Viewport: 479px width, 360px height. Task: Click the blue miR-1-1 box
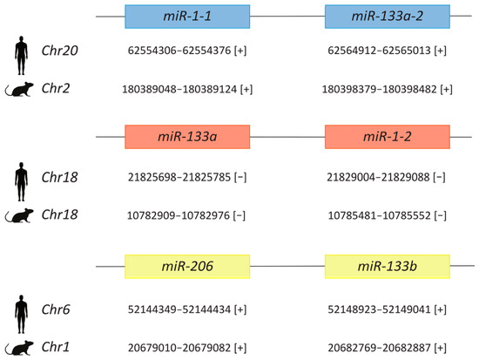(187, 17)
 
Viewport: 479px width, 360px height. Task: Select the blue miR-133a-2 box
(388, 17)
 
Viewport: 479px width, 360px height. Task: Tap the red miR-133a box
(187, 137)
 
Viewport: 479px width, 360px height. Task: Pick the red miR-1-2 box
(388, 137)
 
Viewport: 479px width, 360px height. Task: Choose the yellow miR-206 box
(187, 267)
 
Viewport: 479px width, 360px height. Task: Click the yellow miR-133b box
(388, 267)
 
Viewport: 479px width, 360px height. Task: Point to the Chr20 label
(59, 51)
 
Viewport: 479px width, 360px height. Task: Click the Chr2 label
(56, 88)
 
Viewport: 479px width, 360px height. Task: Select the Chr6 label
(56, 309)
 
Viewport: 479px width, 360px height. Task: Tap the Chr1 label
(55, 347)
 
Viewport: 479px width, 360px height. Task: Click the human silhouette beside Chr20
(21, 56)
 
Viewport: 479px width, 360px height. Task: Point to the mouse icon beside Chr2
(19, 89)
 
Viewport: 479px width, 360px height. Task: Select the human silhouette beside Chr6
(21, 314)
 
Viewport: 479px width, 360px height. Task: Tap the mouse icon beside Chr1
(19, 348)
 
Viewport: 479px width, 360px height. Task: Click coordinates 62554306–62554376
(179, 51)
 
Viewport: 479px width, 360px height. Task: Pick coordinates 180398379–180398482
(380, 89)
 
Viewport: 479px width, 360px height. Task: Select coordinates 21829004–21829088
(378, 177)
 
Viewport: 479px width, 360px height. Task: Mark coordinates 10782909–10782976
(179, 215)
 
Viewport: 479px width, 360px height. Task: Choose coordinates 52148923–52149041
(379, 309)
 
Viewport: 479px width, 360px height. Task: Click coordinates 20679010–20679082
(179, 348)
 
